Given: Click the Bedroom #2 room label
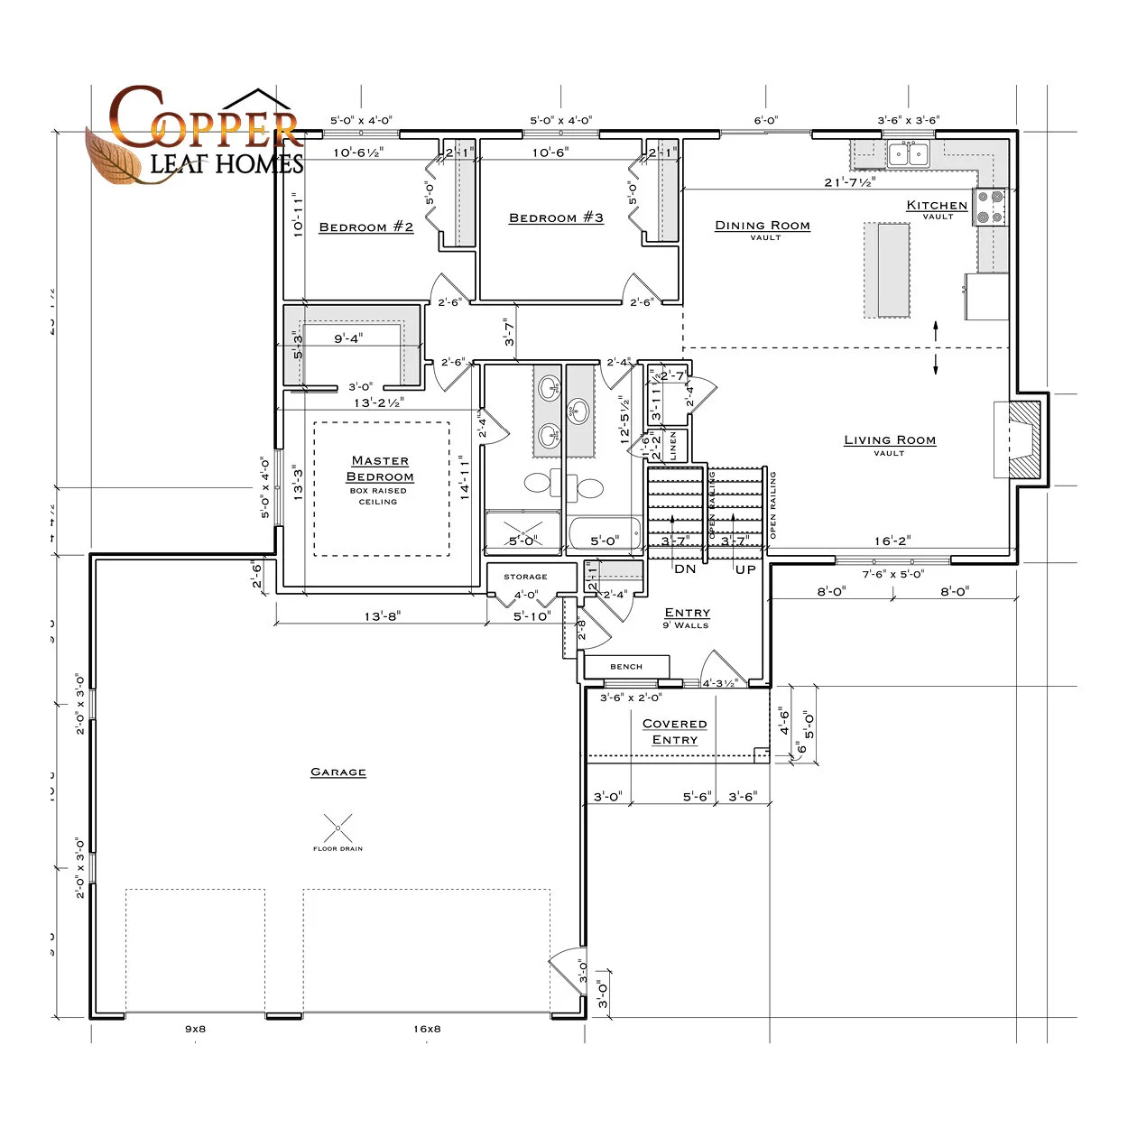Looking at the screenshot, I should [x=366, y=227].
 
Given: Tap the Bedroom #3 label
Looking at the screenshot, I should [x=556, y=218].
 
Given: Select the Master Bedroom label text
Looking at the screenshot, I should [x=380, y=469].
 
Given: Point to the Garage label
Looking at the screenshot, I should [x=338, y=772].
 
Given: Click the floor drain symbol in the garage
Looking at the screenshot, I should [x=337, y=828].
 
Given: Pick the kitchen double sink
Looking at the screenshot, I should [x=908, y=154].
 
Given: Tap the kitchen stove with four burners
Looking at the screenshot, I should [x=990, y=206].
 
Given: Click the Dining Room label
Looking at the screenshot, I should [x=763, y=226].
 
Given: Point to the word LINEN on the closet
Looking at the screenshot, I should [x=673, y=446].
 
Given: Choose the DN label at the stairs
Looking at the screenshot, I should [x=685, y=569].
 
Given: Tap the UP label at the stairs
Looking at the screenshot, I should [x=745, y=569].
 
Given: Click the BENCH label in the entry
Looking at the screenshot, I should [x=626, y=667].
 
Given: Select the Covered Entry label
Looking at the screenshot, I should [x=674, y=732].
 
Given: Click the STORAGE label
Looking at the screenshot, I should [x=525, y=577].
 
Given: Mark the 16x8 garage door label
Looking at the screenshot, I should [x=427, y=1029].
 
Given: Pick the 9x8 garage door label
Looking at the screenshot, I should [x=196, y=1029].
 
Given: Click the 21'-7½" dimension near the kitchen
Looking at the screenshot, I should [x=849, y=182].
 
